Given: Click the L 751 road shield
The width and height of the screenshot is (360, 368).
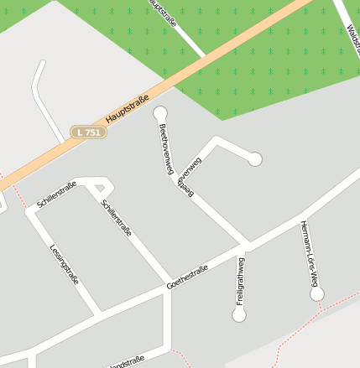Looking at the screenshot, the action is [86, 132].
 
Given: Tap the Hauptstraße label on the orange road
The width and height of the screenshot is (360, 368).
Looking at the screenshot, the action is [133, 107].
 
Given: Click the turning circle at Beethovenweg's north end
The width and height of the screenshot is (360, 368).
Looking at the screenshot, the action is [160, 113].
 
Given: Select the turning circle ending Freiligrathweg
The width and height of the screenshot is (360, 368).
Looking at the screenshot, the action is [239, 315].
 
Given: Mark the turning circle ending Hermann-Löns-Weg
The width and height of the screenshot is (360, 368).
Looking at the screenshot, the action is [317, 293].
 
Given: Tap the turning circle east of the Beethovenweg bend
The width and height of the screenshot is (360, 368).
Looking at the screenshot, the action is [255, 158].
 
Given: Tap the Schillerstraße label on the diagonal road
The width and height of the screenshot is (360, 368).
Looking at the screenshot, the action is [117, 218].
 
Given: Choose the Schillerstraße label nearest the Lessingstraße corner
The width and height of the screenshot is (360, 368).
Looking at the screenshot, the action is [56, 194].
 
